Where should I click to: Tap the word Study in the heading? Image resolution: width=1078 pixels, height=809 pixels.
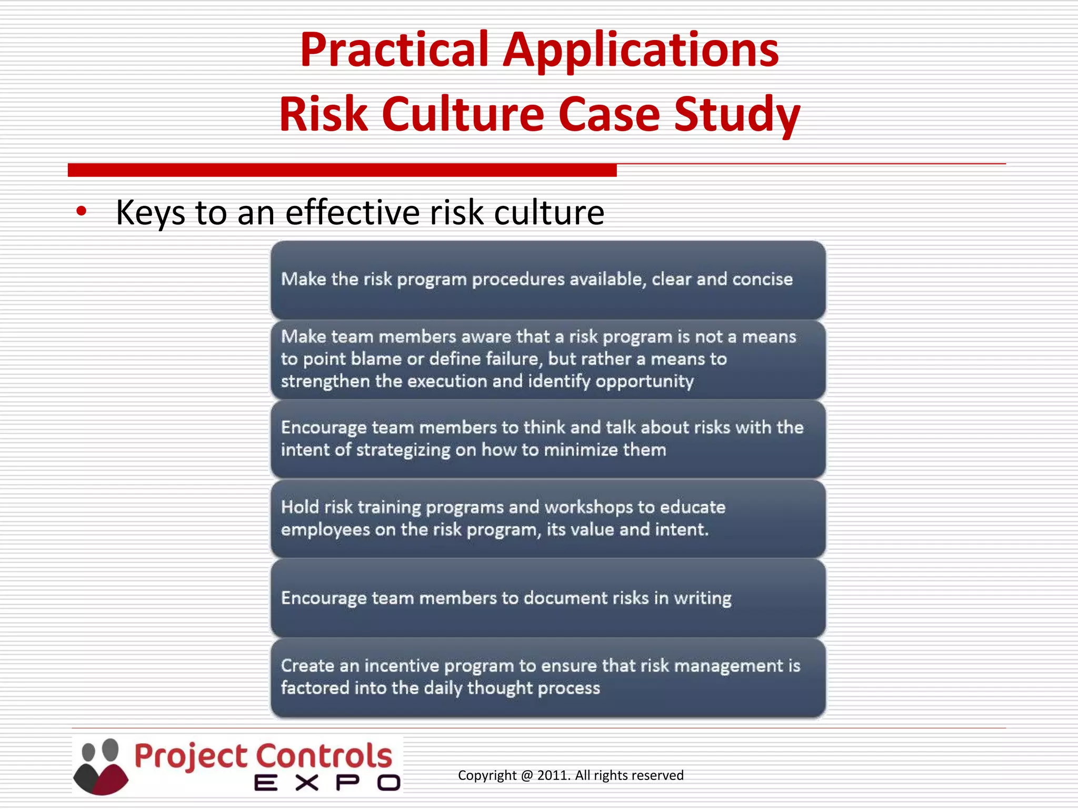pyautogui.click(x=736, y=115)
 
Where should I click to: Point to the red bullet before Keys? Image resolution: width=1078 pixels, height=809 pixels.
pyautogui.click(x=81, y=211)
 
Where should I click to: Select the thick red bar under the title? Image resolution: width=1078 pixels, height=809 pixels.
pyautogui.click(x=342, y=170)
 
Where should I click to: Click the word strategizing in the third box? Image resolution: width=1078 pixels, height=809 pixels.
pyautogui.click(x=403, y=450)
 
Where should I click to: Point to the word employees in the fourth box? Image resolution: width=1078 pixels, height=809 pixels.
pyautogui.click(x=325, y=530)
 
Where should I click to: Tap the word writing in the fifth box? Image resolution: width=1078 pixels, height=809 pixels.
pyautogui.click(x=702, y=599)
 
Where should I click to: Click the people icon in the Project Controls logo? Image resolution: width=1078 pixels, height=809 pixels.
pyautogui.click(x=101, y=766)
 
